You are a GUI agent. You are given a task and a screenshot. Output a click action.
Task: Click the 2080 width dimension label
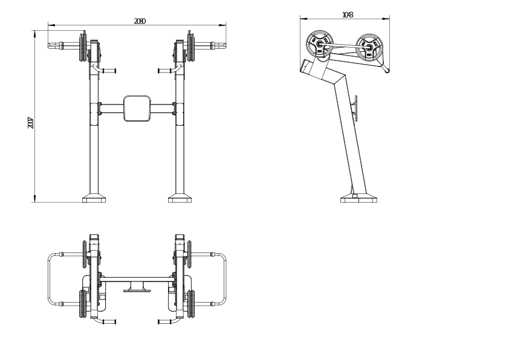[x=140, y=21]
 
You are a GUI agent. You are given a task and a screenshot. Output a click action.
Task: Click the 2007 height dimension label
[x=30, y=123]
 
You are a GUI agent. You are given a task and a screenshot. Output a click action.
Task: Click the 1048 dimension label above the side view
[x=347, y=15]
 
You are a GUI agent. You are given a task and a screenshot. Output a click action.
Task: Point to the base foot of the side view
[x=359, y=198]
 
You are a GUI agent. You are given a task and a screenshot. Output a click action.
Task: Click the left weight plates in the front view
[x=82, y=47]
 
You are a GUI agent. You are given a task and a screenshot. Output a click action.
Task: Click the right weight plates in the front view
[x=192, y=47]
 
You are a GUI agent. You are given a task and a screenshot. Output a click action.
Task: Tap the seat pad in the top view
[x=137, y=288]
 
